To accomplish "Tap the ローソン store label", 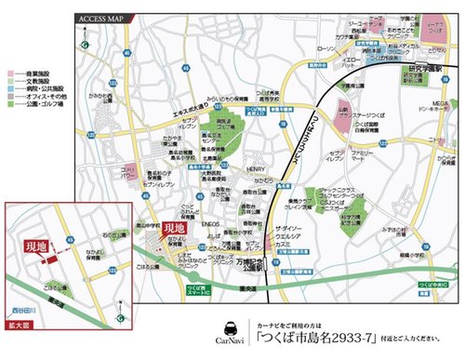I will pos(325,48).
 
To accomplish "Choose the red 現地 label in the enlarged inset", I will pos(34,247).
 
